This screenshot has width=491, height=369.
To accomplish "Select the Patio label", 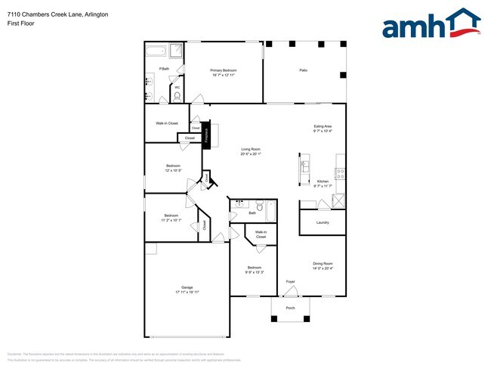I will pos(303,70).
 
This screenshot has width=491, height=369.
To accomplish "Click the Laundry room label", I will pos(323,222).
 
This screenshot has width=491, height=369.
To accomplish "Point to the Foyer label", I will pos(290,282).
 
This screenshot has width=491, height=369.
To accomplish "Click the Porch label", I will pos(290,309).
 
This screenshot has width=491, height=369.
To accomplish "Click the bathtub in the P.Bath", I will pos(155,52).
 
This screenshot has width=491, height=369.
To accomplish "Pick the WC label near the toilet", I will pos(177,88).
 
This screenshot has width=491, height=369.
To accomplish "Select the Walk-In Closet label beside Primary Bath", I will pos(167,123).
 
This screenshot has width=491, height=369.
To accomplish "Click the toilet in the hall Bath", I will pos(259,205).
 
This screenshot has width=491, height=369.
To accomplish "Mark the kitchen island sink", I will pos(304,166).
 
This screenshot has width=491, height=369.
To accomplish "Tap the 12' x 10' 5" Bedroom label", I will pos(174,168).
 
